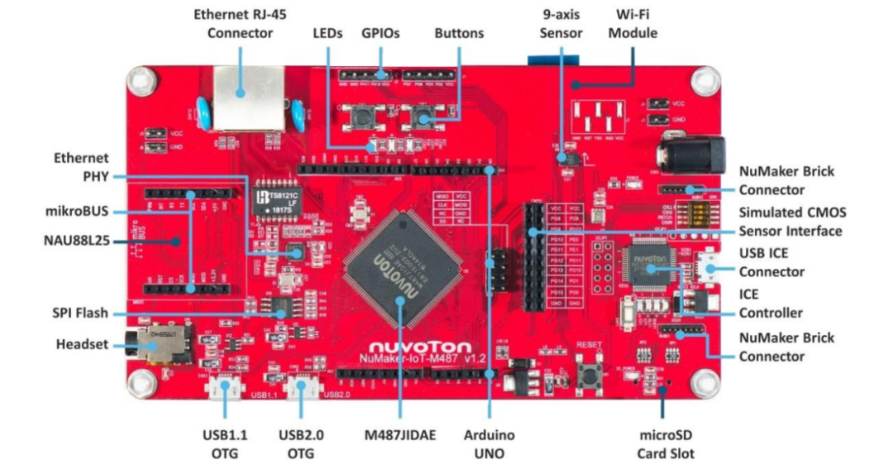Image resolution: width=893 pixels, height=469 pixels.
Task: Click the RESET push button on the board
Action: (590, 372)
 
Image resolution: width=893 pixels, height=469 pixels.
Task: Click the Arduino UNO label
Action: (489, 443)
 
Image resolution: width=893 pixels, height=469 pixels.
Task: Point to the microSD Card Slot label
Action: (666, 443)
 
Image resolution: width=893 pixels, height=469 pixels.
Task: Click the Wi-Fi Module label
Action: (637, 24)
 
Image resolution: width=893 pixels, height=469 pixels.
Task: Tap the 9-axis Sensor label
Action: (561, 24)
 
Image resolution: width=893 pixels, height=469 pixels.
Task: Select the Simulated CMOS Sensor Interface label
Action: (791, 221)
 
